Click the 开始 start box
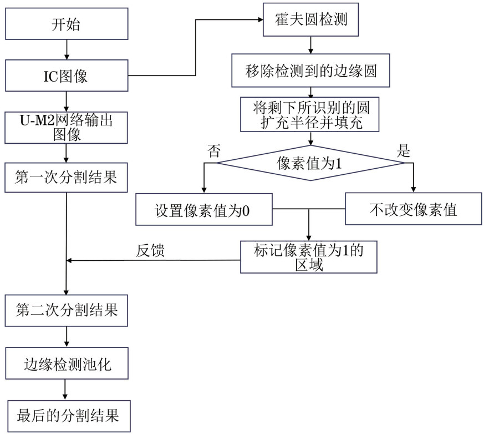[x=66, y=25]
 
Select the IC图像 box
[x=66, y=76]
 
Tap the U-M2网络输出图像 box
[x=66, y=128]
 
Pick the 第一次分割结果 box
[x=66, y=178]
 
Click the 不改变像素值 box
[x=413, y=209]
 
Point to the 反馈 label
[x=151, y=251]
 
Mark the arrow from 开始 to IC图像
[x=66, y=51]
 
